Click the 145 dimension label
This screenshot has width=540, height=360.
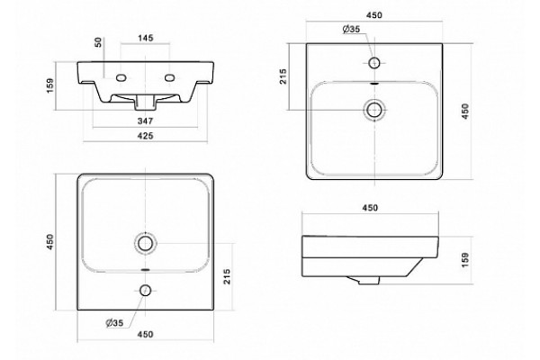pos(145,38)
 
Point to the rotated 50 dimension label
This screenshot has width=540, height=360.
pos(98,42)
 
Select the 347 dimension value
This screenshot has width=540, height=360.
pos(145,121)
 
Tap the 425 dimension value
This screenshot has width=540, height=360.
pos(145,136)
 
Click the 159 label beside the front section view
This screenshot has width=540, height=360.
pos(50,85)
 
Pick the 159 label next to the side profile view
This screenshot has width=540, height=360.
pos(465,260)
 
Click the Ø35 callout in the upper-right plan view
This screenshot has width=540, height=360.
pos(351,30)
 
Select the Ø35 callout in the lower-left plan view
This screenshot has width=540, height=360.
pos(114,323)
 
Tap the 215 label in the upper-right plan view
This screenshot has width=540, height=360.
pos(283,76)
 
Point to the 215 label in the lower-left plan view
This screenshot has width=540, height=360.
pos(227,276)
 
